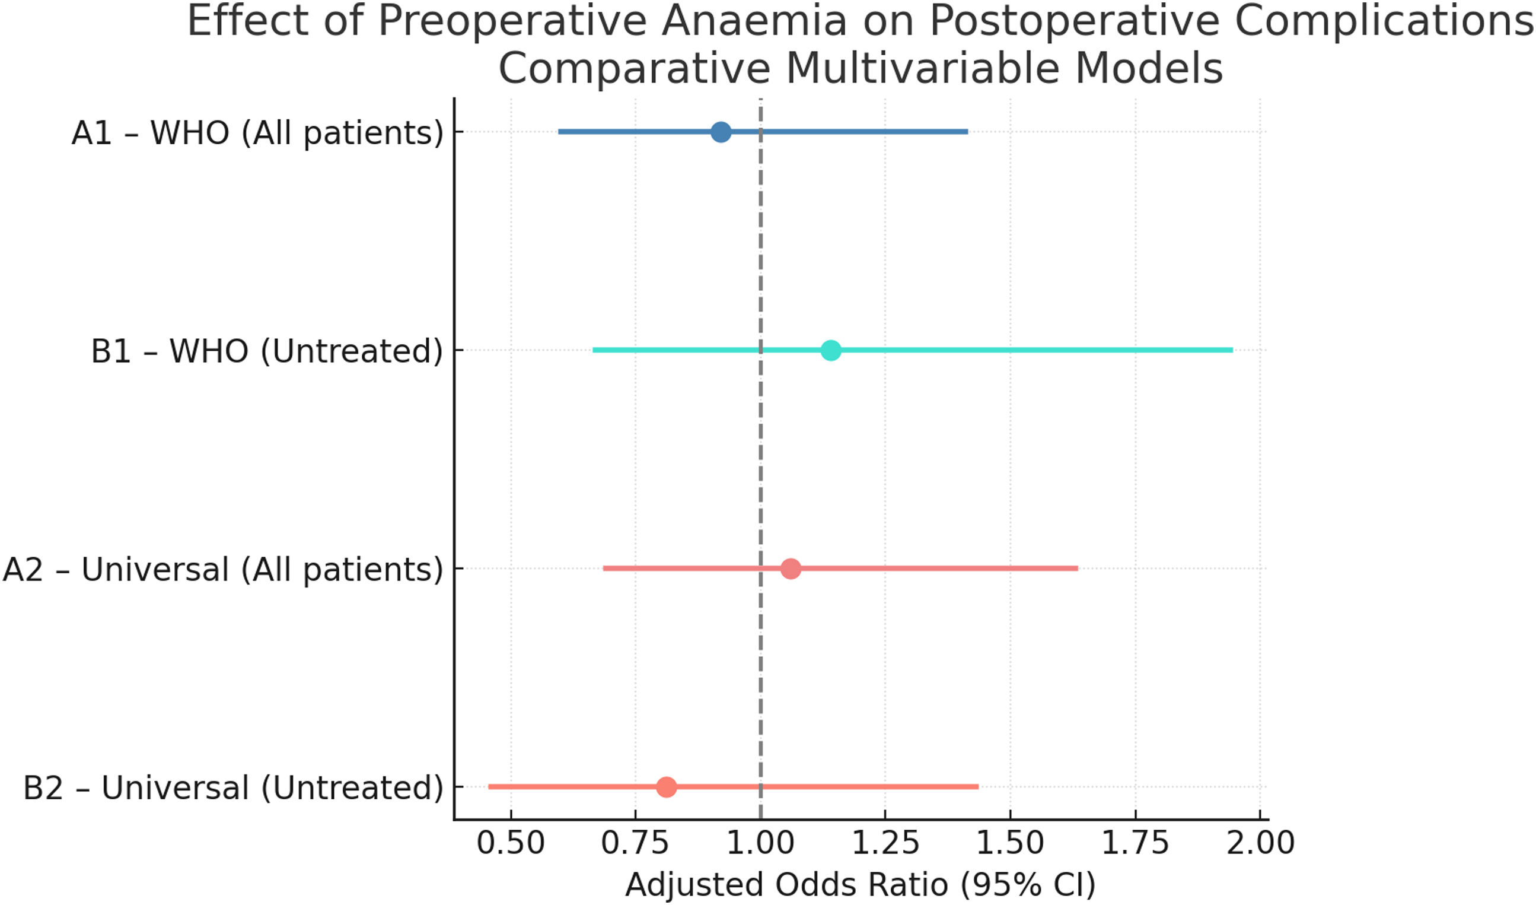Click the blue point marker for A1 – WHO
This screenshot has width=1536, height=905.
(x=721, y=132)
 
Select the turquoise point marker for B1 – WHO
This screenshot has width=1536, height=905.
(x=831, y=350)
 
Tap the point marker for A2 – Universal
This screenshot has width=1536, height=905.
(x=791, y=569)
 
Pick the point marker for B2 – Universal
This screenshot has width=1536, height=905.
(x=666, y=787)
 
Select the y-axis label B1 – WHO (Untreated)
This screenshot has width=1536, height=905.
(x=267, y=351)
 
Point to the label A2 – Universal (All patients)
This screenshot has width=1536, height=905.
(x=223, y=570)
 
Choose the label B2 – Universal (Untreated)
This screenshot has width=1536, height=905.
(x=233, y=788)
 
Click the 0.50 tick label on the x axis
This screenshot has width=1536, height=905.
(x=511, y=843)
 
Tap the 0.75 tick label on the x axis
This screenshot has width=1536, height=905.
(x=635, y=843)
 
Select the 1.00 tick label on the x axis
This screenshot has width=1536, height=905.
(x=761, y=843)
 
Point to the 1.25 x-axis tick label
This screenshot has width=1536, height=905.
(x=885, y=843)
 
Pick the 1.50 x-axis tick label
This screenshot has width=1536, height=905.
(x=1010, y=843)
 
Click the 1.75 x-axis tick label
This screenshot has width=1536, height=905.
(x=1135, y=843)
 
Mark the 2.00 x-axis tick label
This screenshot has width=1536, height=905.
(x=1260, y=843)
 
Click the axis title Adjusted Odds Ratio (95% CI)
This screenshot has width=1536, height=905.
(x=860, y=885)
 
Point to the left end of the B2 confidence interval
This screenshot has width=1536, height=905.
(x=489, y=787)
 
